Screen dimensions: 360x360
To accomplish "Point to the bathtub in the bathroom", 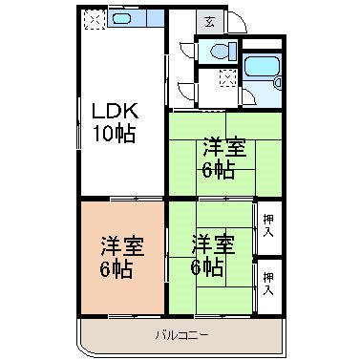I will [x=262, y=68].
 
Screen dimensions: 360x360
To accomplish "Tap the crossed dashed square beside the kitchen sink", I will [x=95, y=19].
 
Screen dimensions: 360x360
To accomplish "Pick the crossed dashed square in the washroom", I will [x=227, y=78].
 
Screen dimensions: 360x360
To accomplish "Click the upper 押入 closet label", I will [x=268, y=224].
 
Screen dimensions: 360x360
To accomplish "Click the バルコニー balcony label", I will [x=182, y=334].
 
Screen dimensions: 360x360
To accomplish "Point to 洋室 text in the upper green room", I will [x=221, y=149].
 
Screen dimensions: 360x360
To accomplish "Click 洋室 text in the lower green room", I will [x=211, y=244].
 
